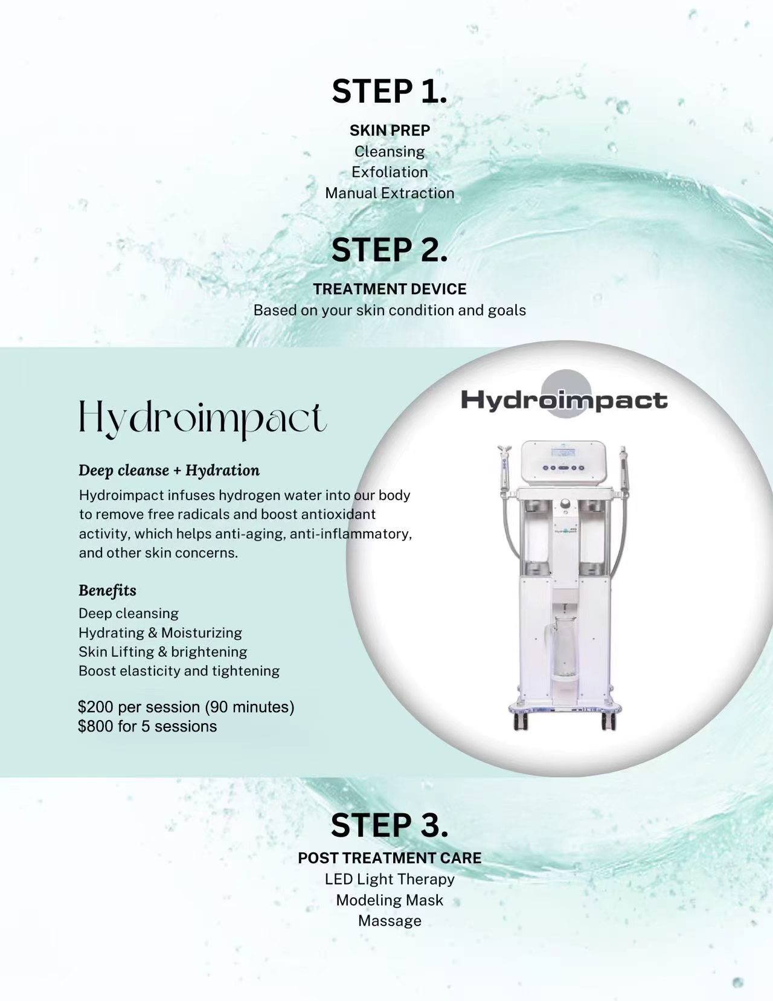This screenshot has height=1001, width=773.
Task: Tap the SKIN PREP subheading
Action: [390, 130]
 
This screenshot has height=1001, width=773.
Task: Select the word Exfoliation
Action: [390, 172]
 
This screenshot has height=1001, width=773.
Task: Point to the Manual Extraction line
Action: [390, 193]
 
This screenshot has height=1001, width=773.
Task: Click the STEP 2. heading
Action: [390, 249]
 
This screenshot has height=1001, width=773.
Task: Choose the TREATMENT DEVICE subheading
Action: [390, 289]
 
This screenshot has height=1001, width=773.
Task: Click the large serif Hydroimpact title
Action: [202, 419]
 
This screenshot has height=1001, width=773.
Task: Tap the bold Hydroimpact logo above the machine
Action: [564, 400]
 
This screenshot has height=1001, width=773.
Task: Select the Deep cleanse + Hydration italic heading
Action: [169, 471]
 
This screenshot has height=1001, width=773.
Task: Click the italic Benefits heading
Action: [107, 590]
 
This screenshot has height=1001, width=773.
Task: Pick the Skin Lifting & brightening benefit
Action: [162, 652]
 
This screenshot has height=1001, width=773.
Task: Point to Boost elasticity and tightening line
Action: [179, 671]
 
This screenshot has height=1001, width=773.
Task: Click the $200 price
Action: [95, 707]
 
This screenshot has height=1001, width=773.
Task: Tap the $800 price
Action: [95, 726]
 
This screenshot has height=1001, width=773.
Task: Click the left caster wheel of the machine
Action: [521, 723]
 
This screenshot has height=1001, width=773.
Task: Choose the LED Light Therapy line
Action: [390, 879]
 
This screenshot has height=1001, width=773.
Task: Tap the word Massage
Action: [390, 921]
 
